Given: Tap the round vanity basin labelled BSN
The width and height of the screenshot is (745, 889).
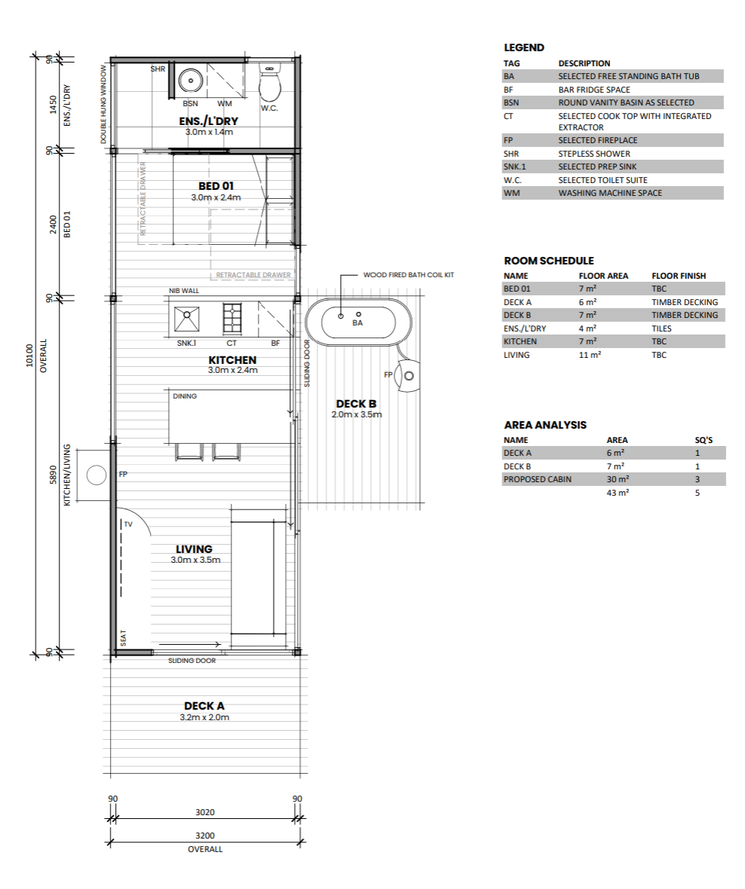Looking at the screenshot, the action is tap(191, 81).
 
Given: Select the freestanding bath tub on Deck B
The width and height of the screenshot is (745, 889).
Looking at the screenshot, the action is tap(357, 322).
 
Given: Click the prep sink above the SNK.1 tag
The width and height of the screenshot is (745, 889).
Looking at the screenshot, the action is tap(187, 319).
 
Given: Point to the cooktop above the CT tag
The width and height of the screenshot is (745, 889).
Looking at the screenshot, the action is tap(232, 319).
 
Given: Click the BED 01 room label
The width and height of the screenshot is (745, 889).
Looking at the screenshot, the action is tap(216, 186).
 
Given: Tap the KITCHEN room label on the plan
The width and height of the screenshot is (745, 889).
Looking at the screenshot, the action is tap(232, 360).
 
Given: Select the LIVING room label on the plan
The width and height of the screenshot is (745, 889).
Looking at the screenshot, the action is tap(194, 549).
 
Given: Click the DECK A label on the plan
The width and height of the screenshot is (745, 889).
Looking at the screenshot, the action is tap(204, 706).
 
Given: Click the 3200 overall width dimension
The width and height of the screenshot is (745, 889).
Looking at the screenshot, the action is tap(205, 836).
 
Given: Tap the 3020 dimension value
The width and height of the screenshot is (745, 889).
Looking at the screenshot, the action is tap(205, 812).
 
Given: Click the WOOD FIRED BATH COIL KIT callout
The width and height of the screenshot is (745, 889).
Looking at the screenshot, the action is tap(409, 275).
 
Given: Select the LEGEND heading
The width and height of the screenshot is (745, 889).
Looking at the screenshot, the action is tap(524, 48).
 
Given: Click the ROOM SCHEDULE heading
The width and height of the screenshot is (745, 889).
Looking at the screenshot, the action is tap(549, 261).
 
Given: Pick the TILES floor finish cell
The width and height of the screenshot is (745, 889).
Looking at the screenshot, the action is tap(661, 328).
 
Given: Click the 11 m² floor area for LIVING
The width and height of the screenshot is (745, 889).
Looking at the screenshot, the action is tap(590, 355).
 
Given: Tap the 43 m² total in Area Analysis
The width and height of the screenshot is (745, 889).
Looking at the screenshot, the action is tap(618, 493).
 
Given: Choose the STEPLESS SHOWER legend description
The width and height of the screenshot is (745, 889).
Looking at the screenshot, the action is tap(594, 154).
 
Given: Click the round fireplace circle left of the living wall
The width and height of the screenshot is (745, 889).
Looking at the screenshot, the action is tap(97, 475).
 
